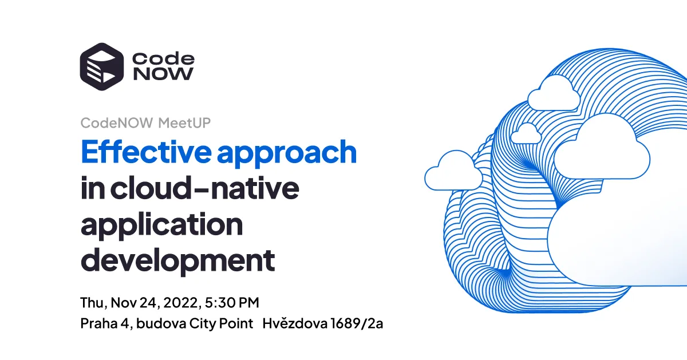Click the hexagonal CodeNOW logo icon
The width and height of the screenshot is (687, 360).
tap(101, 66)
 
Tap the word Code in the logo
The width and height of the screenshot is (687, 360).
tap(163, 58)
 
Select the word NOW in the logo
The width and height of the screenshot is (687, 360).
tap(163, 74)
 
